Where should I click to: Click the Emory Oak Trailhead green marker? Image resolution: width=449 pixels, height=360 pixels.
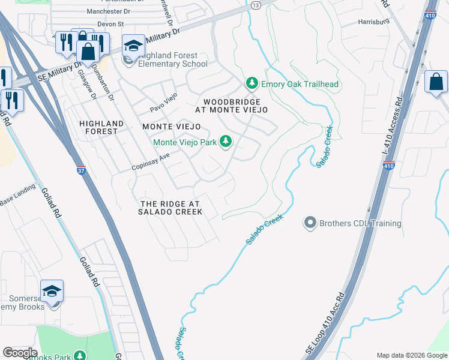[252, 83]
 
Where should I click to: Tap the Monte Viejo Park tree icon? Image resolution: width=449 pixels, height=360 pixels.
[226, 142]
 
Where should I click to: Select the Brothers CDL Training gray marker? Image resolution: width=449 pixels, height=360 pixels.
[310, 223]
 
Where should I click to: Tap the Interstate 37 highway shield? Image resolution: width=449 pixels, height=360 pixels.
[82, 170]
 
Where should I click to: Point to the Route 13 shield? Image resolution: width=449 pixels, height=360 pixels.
[256, 5]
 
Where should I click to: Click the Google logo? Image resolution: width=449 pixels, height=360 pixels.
[20, 353]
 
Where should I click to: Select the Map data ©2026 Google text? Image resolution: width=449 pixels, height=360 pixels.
[412, 355]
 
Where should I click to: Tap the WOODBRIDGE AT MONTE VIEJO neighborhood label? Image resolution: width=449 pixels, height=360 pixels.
[231, 106]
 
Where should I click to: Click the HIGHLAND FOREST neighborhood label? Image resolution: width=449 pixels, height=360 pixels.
[101, 127]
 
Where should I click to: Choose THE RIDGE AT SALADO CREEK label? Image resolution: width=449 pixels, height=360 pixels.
[170, 208]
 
